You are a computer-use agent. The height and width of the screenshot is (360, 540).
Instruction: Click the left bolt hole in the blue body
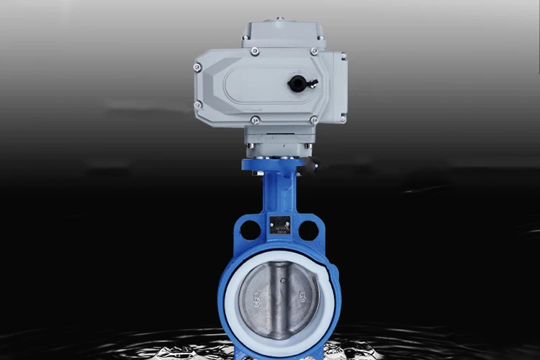tap(250, 230)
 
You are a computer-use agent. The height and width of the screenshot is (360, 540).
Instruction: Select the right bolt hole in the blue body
tap(309, 230)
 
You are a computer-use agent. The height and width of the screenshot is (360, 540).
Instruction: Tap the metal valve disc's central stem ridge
tap(279, 295)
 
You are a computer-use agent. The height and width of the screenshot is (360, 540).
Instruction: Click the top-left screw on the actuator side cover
tap(198, 68)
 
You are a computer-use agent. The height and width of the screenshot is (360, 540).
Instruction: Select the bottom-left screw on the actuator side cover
tap(197, 105)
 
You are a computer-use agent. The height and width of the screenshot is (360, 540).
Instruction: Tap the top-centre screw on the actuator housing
tap(255, 50)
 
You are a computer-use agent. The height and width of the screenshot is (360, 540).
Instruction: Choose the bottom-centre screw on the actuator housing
tap(255, 120)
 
